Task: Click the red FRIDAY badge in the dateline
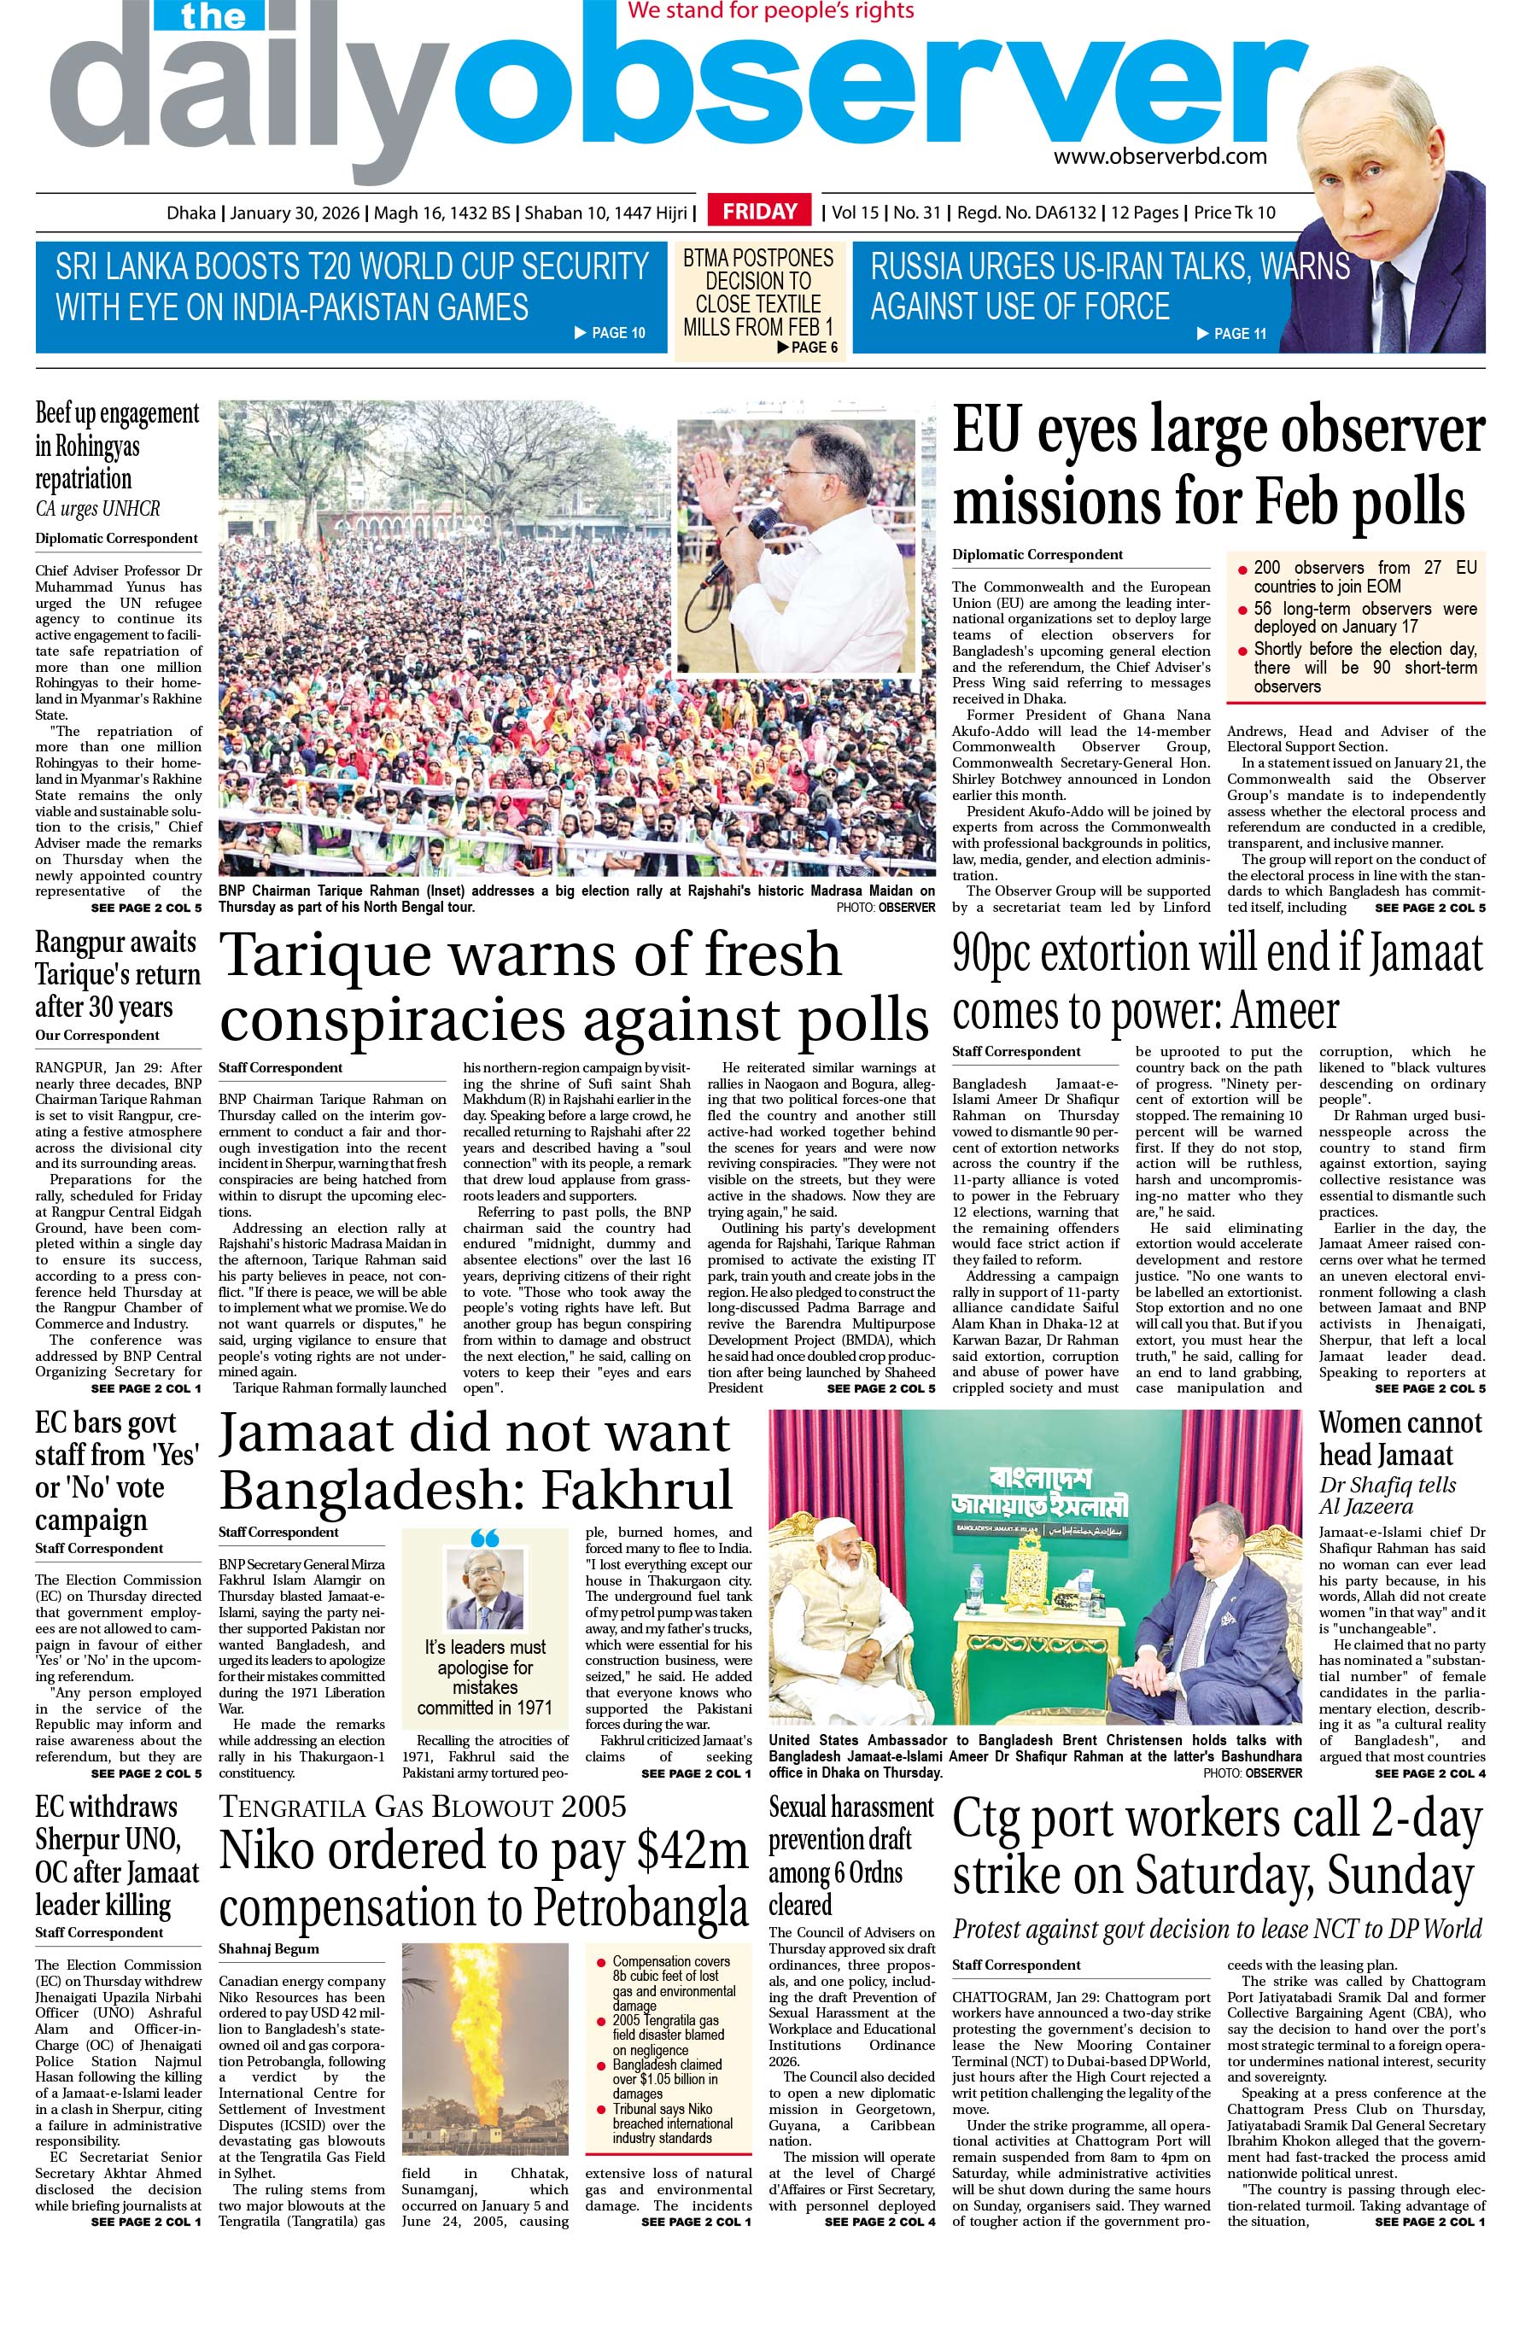(x=760, y=212)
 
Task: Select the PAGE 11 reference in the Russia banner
(x=1231, y=334)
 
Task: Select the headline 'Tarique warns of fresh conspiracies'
(x=574, y=986)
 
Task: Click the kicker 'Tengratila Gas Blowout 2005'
(x=422, y=1806)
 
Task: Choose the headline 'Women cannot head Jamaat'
(x=1400, y=1438)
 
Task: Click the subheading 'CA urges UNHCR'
(x=97, y=510)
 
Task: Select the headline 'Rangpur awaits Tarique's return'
(x=117, y=974)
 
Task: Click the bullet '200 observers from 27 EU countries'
(x=1364, y=576)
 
